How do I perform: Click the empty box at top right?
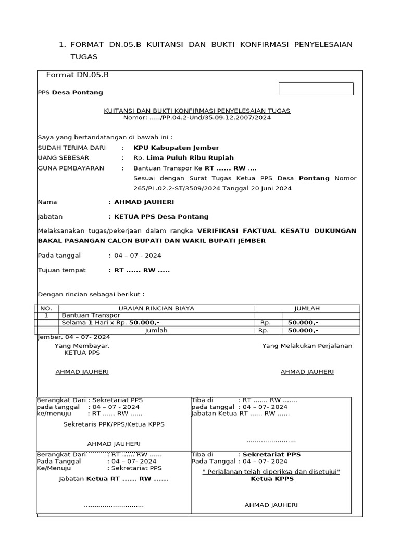pyautogui.click(x=316, y=89)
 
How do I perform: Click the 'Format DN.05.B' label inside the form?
pyautogui.click(x=78, y=75)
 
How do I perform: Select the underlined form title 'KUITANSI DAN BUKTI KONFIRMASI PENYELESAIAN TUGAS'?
pyautogui.click(x=197, y=111)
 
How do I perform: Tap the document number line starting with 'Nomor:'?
pyautogui.click(x=197, y=118)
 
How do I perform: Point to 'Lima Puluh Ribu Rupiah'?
pyautogui.click(x=190, y=157)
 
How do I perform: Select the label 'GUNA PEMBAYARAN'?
pyautogui.click(x=71, y=168)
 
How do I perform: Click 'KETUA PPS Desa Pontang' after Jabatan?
pyautogui.click(x=161, y=216)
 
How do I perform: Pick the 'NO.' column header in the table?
pyautogui.click(x=46, y=308)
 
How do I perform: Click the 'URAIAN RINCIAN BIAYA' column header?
pyautogui.click(x=156, y=308)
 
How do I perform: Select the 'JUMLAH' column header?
pyautogui.click(x=307, y=308)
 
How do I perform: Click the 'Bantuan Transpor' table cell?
pyautogui.click(x=91, y=315)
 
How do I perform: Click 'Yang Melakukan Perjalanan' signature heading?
pyautogui.click(x=307, y=345)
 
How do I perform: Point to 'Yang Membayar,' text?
pyautogui.click(x=82, y=345)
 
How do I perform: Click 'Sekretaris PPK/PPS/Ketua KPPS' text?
pyautogui.click(x=114, y=424)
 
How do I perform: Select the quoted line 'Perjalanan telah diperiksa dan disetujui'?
pyautogui.click(x=271, y=471)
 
